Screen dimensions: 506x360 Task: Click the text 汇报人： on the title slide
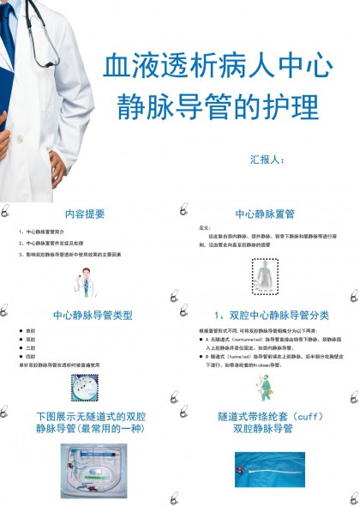point(273,158)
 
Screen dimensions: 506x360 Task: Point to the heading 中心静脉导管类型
point(93,315)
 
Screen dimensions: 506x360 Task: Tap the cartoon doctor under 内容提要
point(86,280)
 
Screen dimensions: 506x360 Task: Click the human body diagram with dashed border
point(267,277)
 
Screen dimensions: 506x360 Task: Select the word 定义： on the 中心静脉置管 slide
point(205,228)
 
